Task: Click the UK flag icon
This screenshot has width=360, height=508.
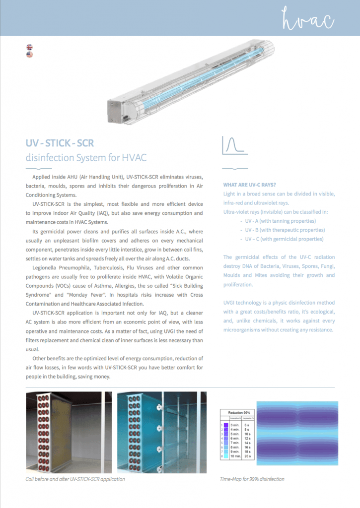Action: point(30,48)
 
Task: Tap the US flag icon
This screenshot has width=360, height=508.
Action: point(30,55)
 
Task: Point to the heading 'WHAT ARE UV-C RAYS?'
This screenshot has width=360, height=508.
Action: point(250,185)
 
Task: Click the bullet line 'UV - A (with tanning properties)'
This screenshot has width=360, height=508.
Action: point(281,221)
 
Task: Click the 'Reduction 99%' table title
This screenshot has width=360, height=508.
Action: point(238,413)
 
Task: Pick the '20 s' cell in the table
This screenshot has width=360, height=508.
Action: point(247,456)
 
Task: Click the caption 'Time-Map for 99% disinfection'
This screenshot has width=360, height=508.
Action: point(252,479)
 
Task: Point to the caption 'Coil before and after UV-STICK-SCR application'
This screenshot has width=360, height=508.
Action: point(75,479)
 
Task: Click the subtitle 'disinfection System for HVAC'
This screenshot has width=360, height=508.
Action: point(86,158)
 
